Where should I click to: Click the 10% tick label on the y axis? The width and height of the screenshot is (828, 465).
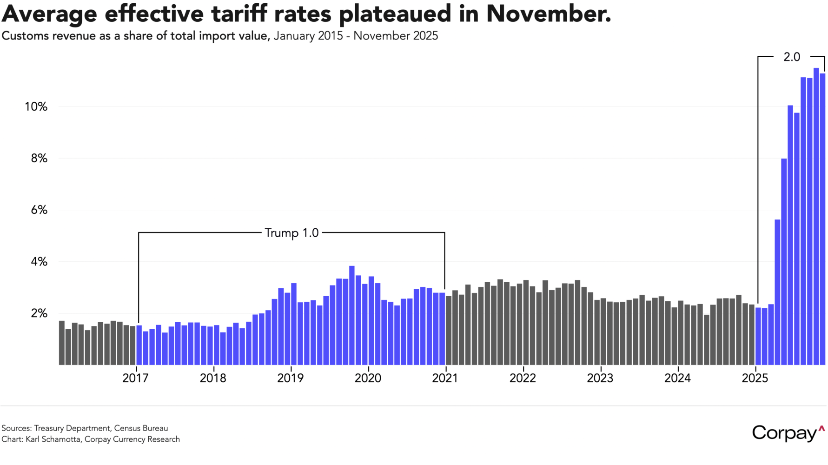(36, 107)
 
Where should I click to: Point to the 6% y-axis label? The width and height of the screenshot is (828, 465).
(39, 210)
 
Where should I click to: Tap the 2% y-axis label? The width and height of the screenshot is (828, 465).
(39, 313)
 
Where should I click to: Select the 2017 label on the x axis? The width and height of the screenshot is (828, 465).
(135, 378)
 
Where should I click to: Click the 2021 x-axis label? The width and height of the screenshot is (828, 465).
(445, 378)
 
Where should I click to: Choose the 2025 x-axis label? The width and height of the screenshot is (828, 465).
(755, 378)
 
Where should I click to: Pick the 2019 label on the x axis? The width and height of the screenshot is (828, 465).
(290, 378)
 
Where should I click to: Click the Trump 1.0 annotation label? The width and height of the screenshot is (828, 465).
(291, 232)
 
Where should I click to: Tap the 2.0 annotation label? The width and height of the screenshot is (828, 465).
(792, 57)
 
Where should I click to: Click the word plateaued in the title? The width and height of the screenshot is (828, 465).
(395, 14)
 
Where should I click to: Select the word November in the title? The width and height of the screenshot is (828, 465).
(548, 14)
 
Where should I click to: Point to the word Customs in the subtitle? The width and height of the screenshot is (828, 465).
(25, 36)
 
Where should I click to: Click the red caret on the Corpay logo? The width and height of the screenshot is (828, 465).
(821, 428)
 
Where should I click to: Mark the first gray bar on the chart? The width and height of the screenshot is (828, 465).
(62, 343)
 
